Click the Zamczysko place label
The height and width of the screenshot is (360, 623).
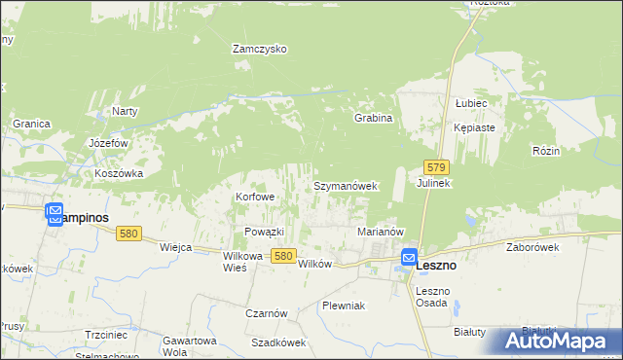click(259, 49)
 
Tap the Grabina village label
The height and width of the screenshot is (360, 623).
click(373, 118)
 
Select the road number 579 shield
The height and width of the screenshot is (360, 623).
click(436, 167)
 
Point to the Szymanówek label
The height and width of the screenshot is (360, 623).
click(345, 185)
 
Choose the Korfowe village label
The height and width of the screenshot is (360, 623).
click(255, 197)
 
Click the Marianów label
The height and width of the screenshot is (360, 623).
click(381, 233)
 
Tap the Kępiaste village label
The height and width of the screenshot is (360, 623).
click(474, 127)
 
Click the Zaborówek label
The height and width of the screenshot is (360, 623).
click(531, 248)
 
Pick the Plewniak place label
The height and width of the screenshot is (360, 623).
click(343, 306)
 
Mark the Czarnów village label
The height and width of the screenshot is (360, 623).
click(266, 313)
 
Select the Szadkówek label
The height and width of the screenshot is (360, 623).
click(278, 342)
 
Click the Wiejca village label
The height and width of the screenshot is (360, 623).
click(175, 247)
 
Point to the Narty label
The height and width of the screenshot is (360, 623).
click(125, 111)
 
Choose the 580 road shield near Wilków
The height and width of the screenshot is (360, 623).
click(283, 255)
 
